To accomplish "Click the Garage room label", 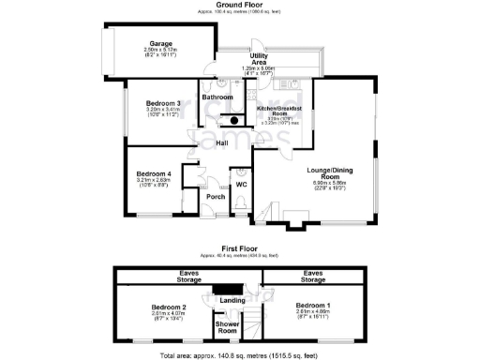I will [x=160, y=44].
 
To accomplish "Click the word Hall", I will [x=222, y=143].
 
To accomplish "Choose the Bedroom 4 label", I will [x=154, y=173].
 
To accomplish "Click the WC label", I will [x=240, y=185].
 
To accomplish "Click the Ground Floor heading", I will [x=239, y=5].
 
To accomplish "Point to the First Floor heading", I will [x=239, y=253].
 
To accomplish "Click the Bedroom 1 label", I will [x=310, y=306].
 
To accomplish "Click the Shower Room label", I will [x=226, y=327].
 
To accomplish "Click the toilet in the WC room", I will [x=244, y=172].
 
